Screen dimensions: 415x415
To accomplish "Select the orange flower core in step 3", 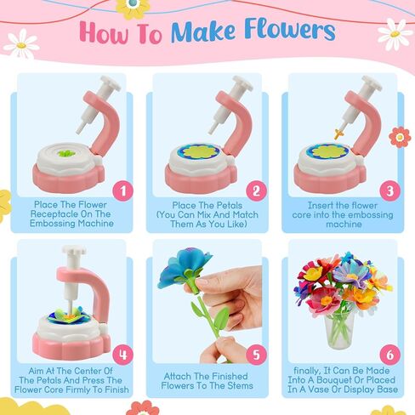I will point(338,133).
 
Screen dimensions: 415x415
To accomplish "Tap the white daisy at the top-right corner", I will point(395,33).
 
